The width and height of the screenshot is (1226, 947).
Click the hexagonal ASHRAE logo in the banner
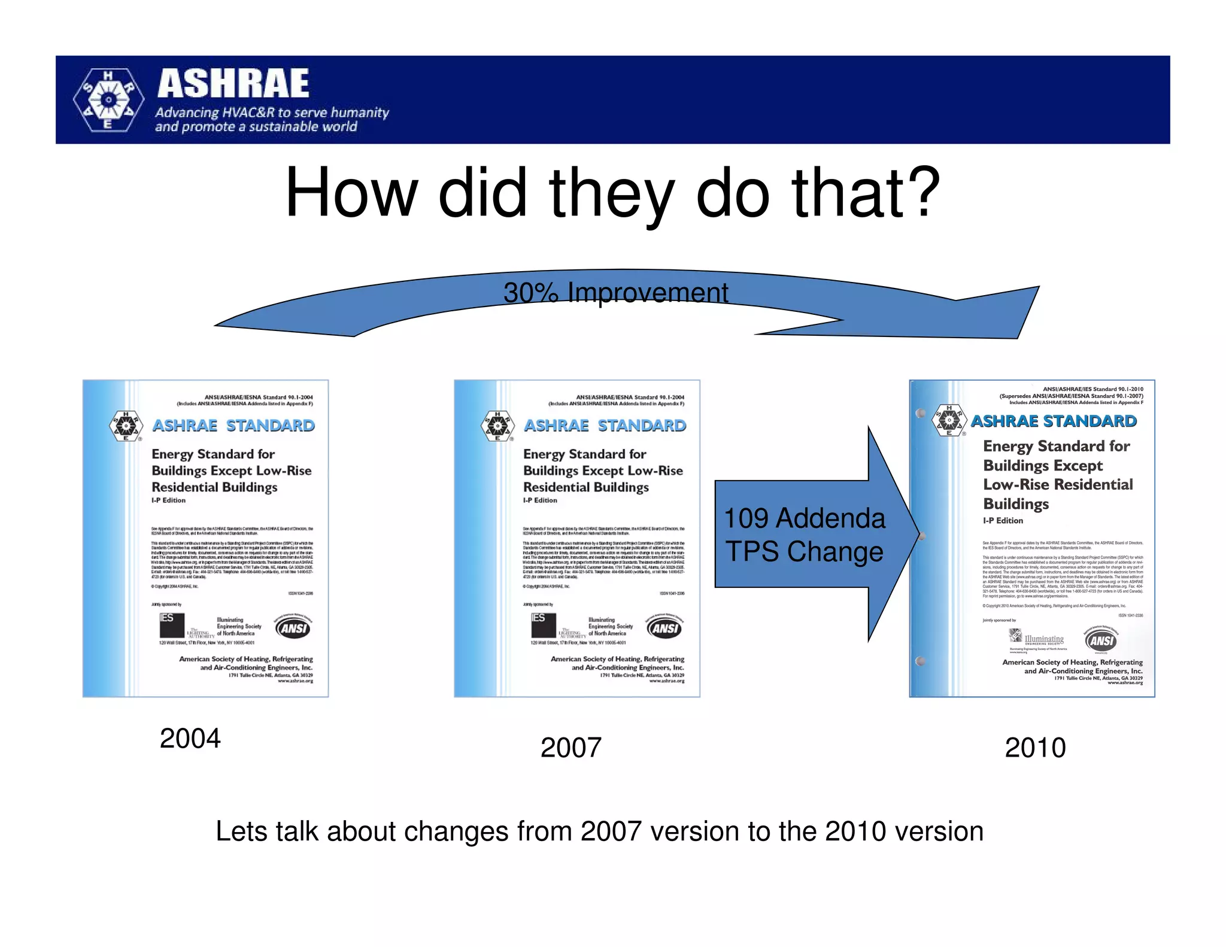point(108,100)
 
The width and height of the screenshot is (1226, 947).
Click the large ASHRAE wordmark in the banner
point(233,84)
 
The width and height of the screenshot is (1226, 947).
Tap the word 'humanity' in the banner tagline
point(360,113)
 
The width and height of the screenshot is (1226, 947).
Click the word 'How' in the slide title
point(351,193)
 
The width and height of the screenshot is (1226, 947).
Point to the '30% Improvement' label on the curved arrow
point(615,293)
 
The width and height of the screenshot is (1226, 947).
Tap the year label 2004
point(190,738)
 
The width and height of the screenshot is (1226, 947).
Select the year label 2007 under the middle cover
point(570,747)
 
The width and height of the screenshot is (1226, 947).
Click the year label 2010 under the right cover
point(1035,747)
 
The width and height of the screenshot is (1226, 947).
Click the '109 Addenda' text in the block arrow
point(804,518)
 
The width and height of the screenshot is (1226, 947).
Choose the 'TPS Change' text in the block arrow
point(804,551)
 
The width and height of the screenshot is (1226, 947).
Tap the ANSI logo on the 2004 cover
point(293,627)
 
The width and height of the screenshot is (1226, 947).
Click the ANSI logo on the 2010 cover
point(1101,641)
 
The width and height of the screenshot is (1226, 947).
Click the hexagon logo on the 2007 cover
point(497,426)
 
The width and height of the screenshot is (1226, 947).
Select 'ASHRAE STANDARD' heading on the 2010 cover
point(1054,421)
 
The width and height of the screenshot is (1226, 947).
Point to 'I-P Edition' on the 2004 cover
point(169,500)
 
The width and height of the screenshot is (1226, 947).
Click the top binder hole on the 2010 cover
point(921,413)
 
